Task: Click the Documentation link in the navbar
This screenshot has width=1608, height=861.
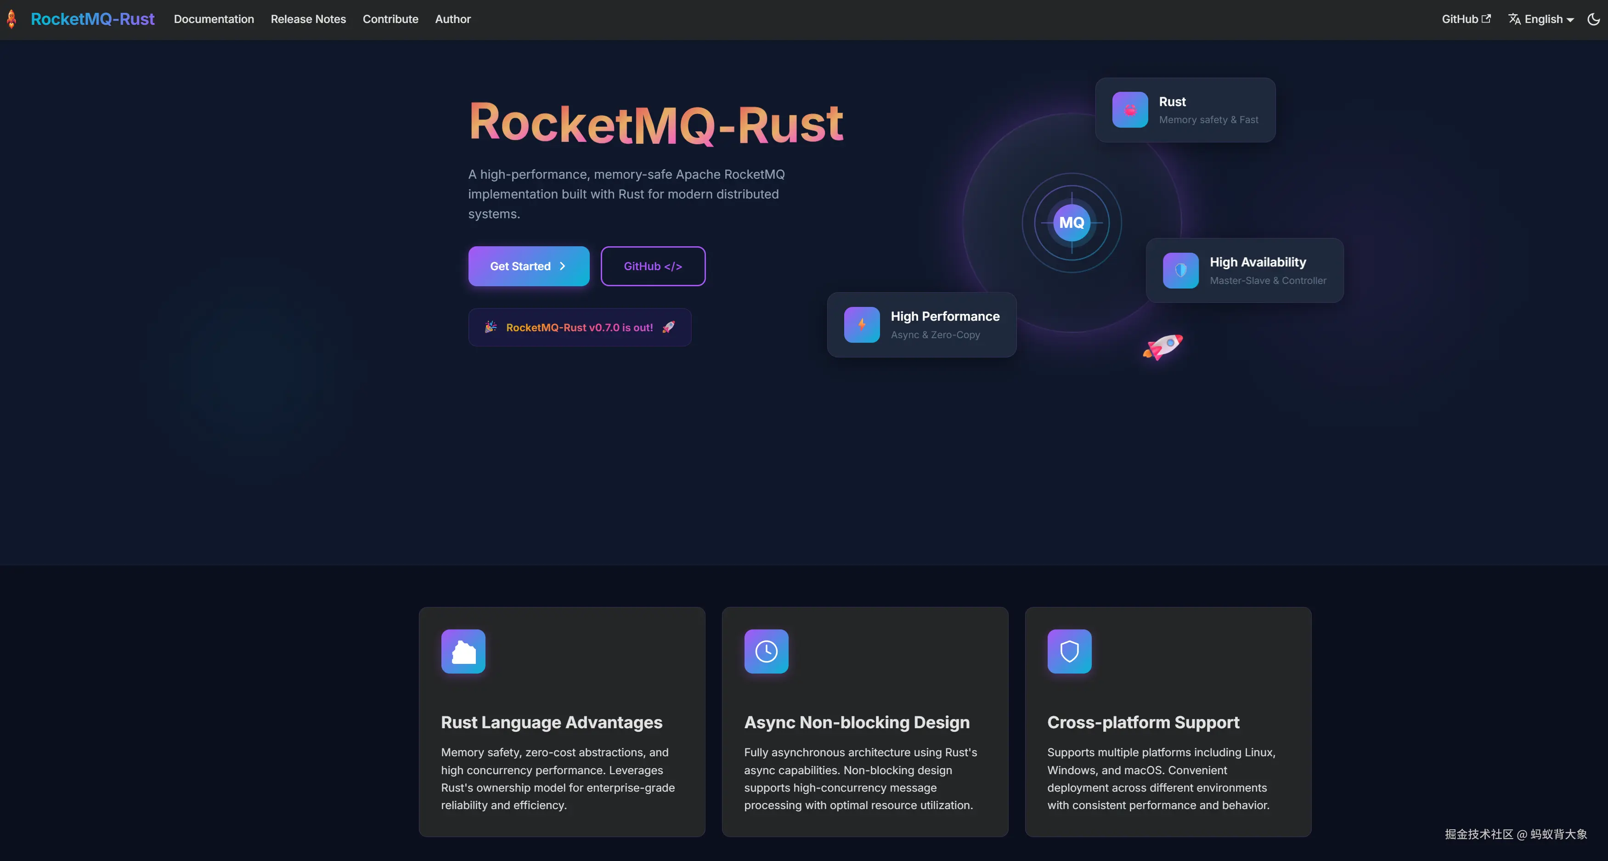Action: (x=214, y=19)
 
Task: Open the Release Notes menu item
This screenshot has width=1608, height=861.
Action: (x=308, y=19)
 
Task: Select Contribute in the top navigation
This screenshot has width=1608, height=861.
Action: (x=390, y=19)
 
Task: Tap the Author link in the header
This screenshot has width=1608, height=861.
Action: (x=452, y=19)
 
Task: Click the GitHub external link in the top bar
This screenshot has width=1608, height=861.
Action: (x=1466, y=19)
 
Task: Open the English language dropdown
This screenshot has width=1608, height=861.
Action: (x=1540, y=19)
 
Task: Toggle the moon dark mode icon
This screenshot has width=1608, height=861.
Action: (x=1593, y=19)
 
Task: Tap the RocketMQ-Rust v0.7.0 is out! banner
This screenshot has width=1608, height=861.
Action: (x=579, y=327)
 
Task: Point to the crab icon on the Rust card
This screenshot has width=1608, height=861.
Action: (x=1130, y=110)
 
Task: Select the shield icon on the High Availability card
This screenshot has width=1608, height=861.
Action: (x=1180, y=270)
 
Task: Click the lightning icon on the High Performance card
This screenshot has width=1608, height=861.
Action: (x=862, y=325)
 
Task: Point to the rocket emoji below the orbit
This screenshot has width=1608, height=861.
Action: (x=1163, y=346)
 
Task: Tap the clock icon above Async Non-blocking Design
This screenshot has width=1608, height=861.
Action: (x=766, y=651)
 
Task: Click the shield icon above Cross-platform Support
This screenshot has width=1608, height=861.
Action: (x=1069, y=651)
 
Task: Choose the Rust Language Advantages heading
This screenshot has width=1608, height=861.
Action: (x=551, y=722)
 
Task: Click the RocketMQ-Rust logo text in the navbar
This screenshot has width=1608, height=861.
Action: (x=92, y=19)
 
